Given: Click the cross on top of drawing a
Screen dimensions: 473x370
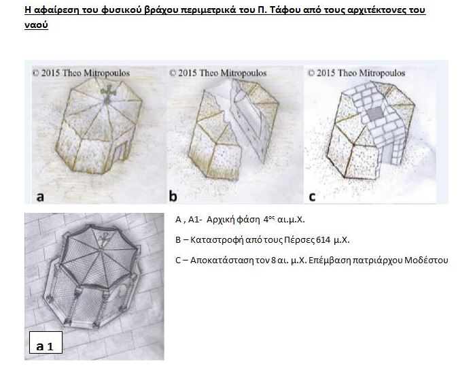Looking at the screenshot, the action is coord(107,93).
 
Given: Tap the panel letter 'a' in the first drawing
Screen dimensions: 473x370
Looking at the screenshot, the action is coord(40,197).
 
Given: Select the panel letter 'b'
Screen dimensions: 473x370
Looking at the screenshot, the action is coord(173,196).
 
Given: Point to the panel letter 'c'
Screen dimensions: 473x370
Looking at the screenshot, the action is coord(312,197).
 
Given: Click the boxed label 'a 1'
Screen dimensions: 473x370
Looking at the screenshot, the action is coord(46,342).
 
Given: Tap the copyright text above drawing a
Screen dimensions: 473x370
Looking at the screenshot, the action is coord(82,73).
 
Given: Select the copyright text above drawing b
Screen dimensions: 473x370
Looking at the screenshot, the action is coord(217,73).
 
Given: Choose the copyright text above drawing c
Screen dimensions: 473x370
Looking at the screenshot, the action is coord(356,73).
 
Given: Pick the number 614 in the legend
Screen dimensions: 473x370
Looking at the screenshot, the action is coord(323,240).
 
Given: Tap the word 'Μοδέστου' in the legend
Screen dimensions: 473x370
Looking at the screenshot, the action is coord(426,260).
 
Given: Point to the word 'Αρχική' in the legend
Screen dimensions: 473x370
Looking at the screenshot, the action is coord(221,220).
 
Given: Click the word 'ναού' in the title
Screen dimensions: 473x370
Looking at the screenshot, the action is coord(36,24).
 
